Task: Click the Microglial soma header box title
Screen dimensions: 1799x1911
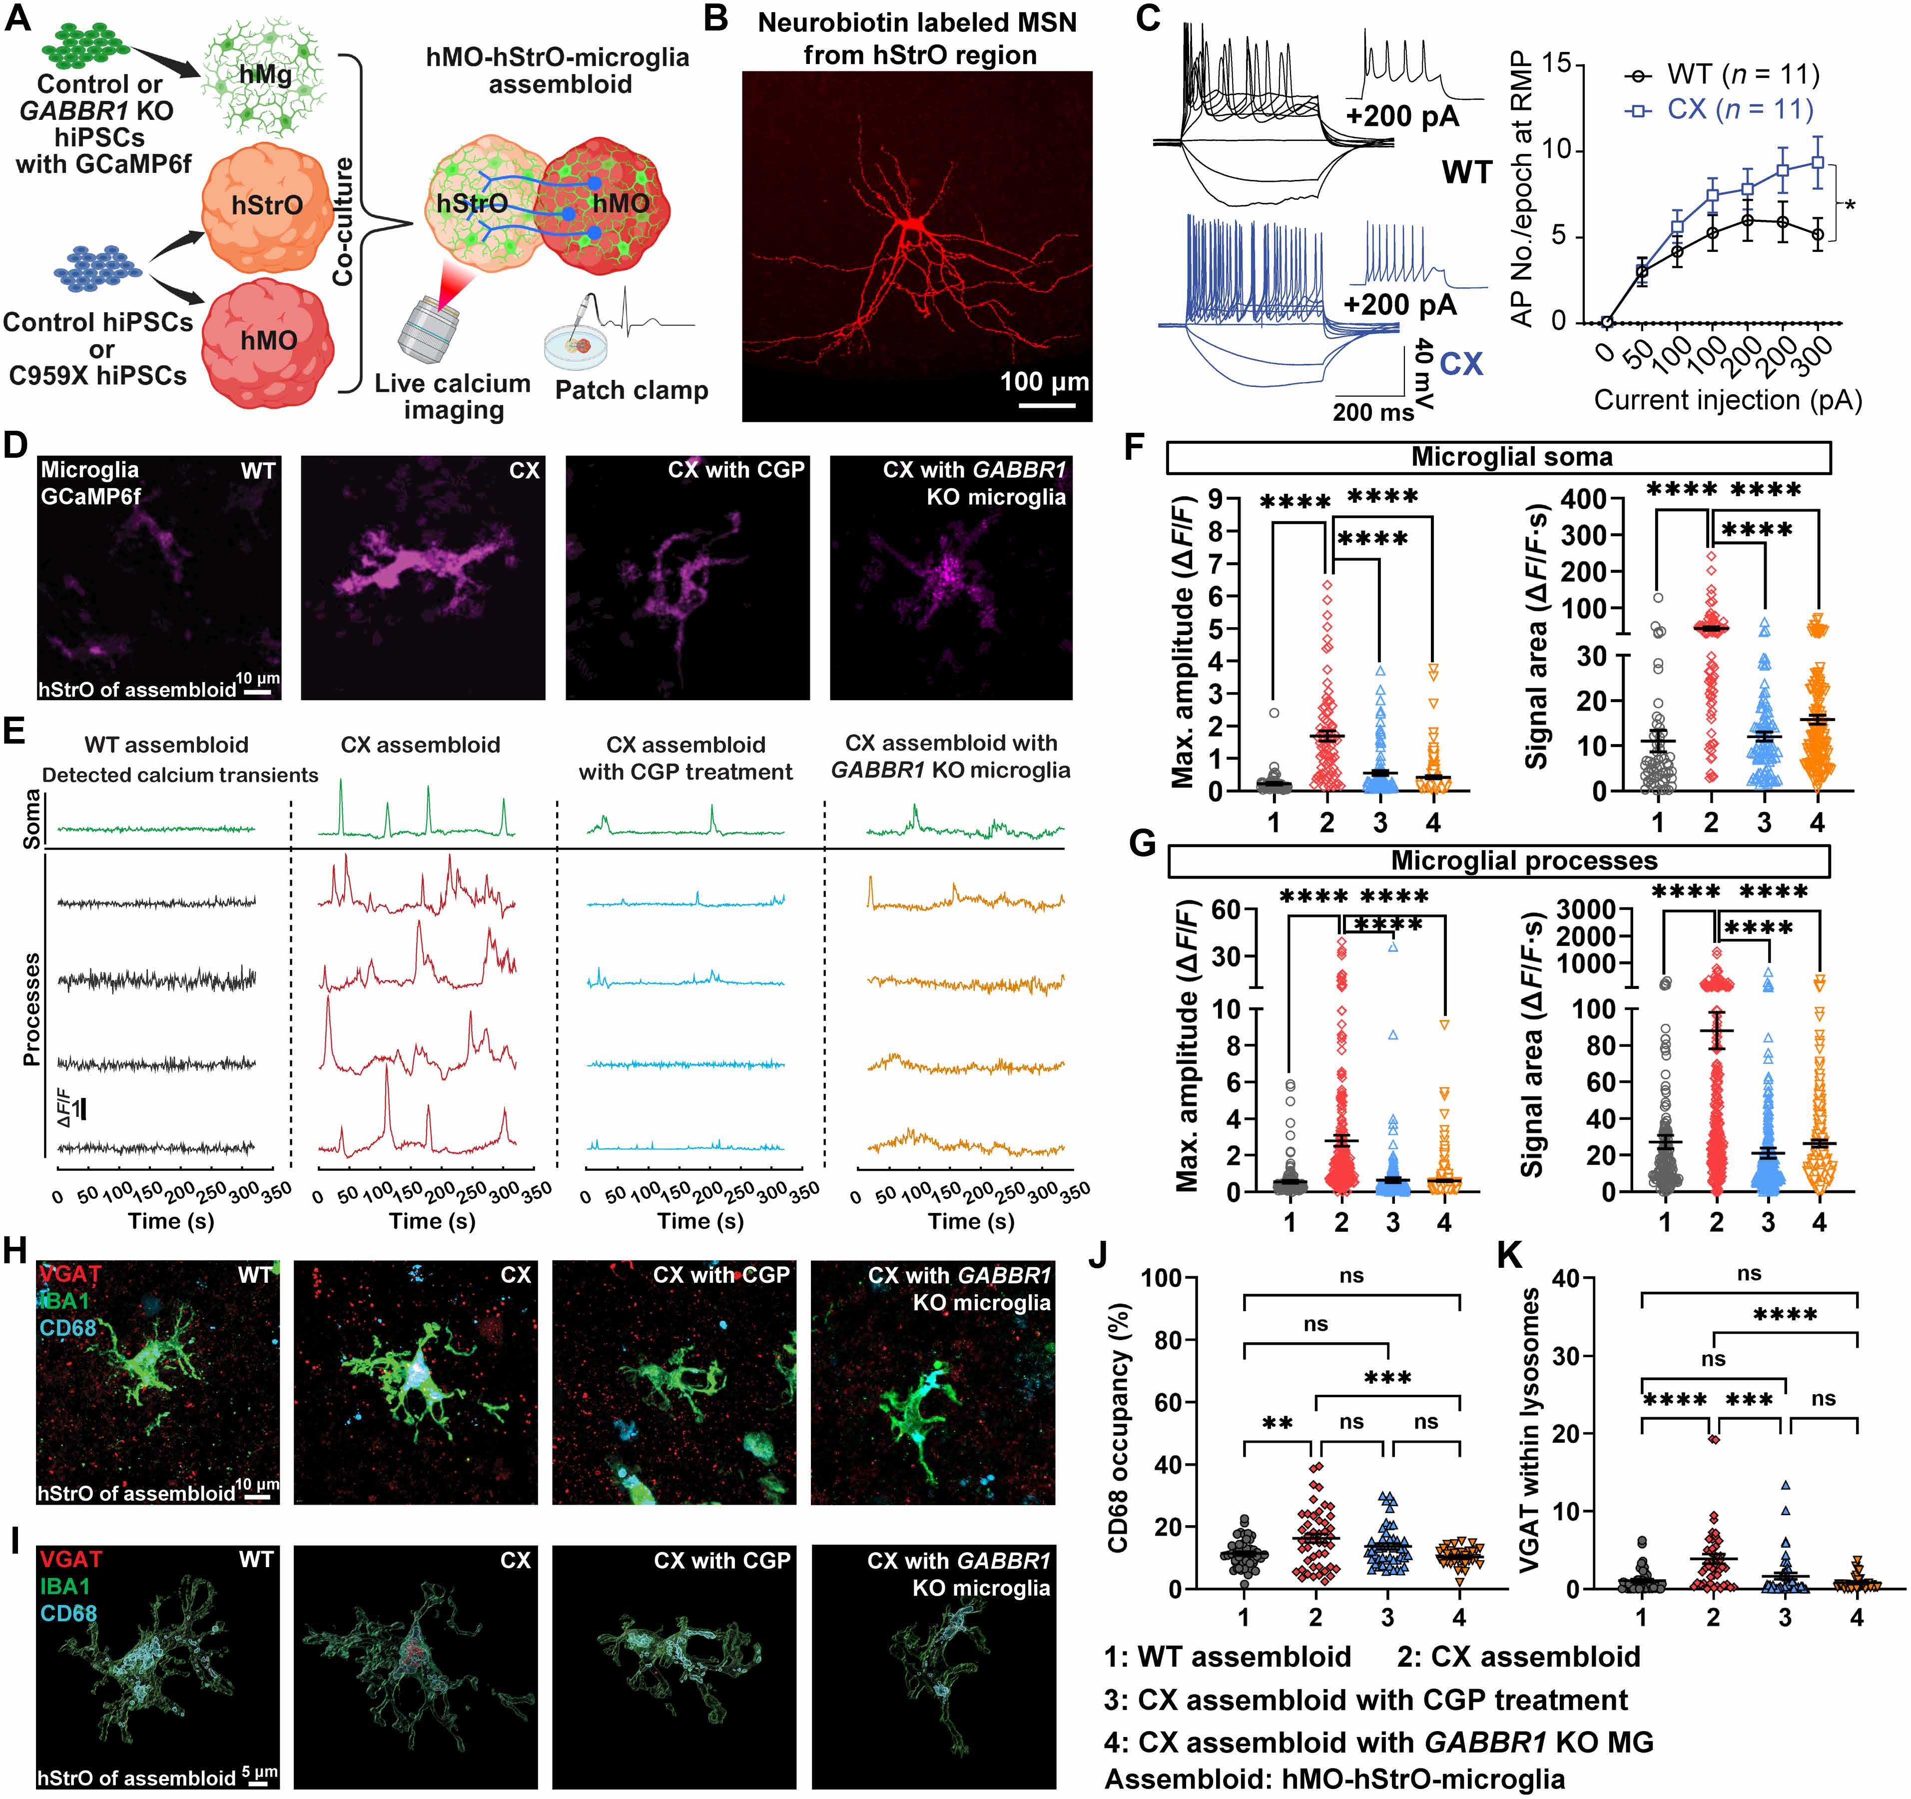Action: (x=1511, y=458)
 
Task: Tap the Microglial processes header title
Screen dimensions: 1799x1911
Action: (x=1524, y=861)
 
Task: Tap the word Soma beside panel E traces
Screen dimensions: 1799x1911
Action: (x=31, y=818)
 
